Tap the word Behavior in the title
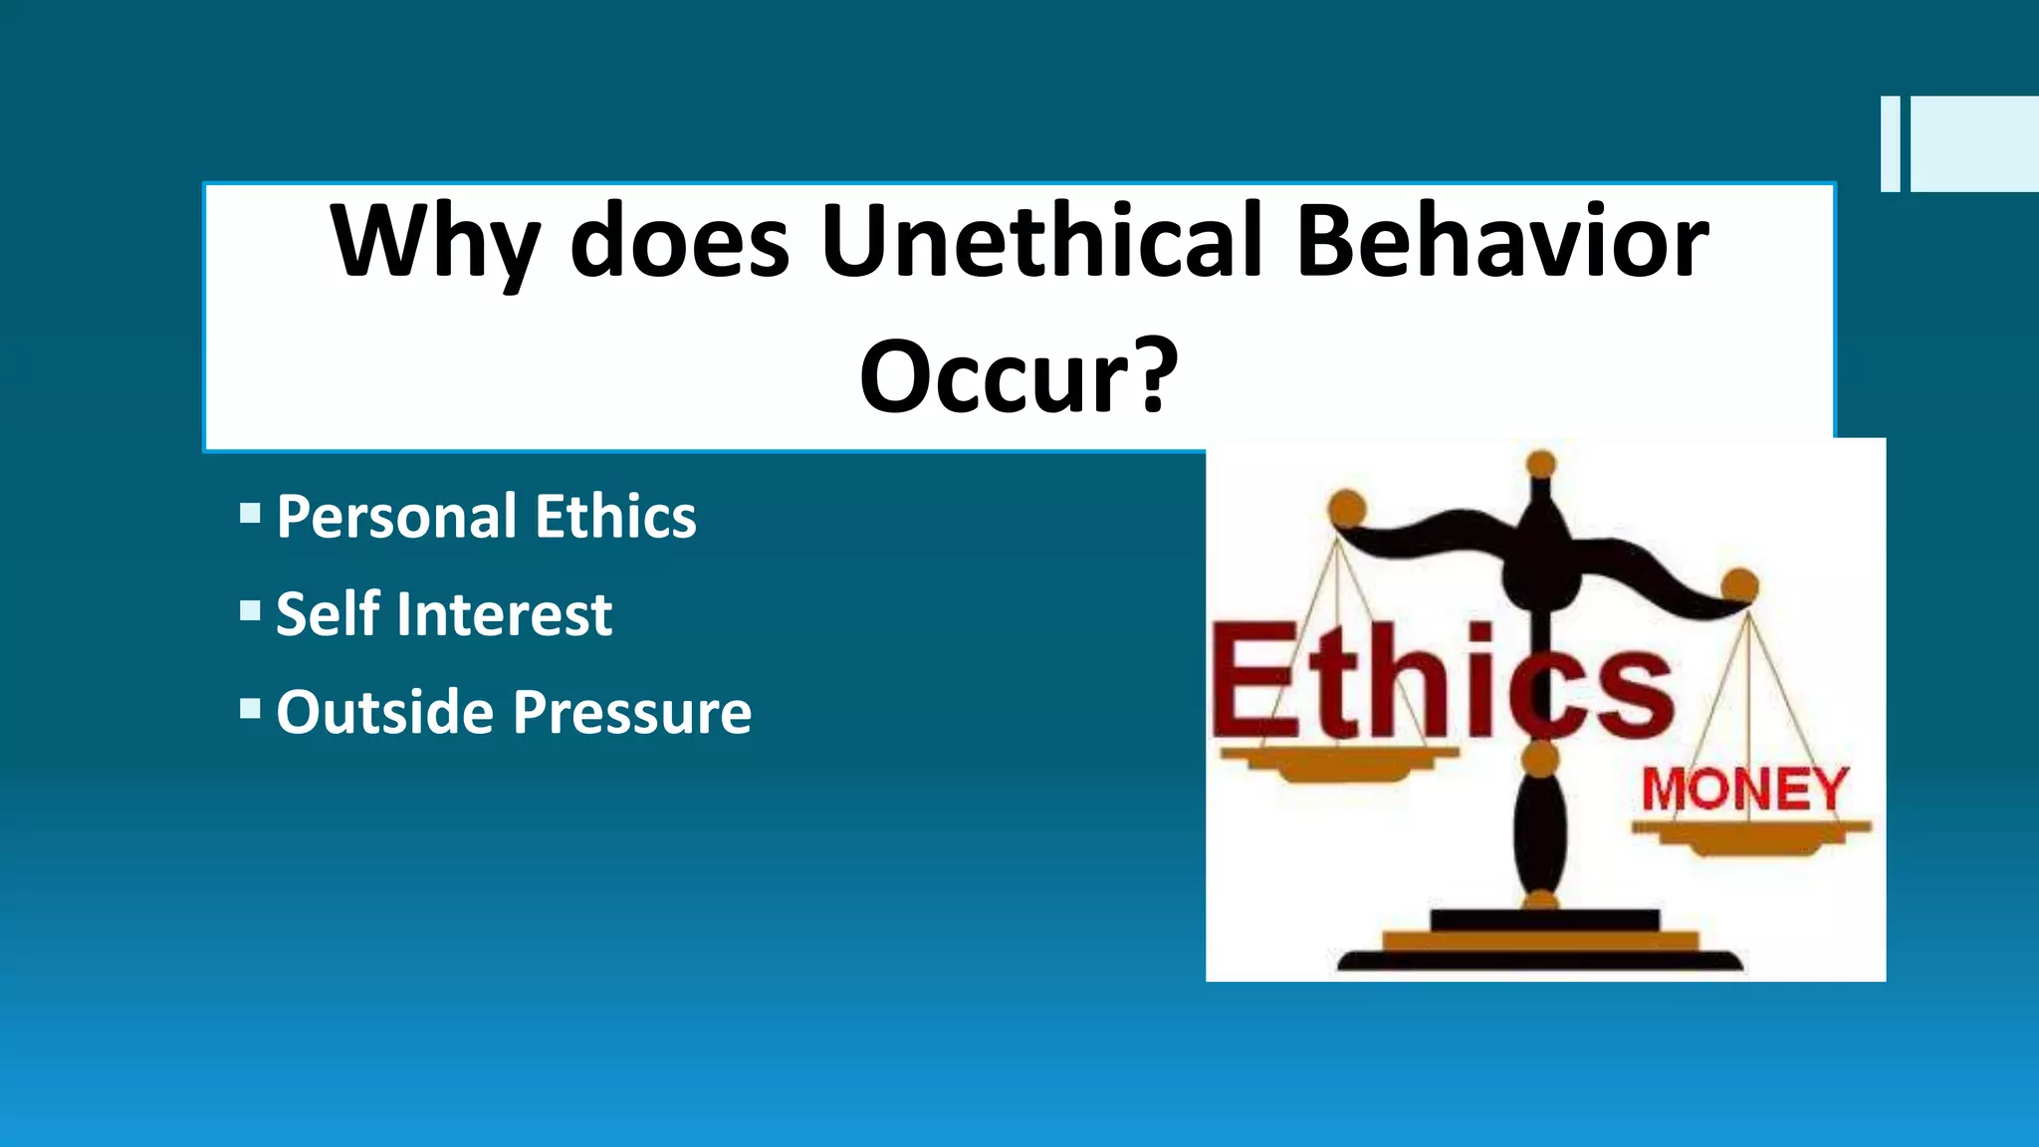[1502, 241]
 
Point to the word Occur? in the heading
[1019, 376]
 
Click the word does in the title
[679, 241]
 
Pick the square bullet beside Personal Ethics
[250, 514]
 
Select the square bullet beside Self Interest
[250, 610]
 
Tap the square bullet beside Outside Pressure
[250, 709]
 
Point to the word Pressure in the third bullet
[632, 712]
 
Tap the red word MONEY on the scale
[1744, 790]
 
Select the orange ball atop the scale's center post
[1540, 464]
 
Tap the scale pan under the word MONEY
[1751, 835]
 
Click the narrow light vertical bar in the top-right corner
[1890, 143]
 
